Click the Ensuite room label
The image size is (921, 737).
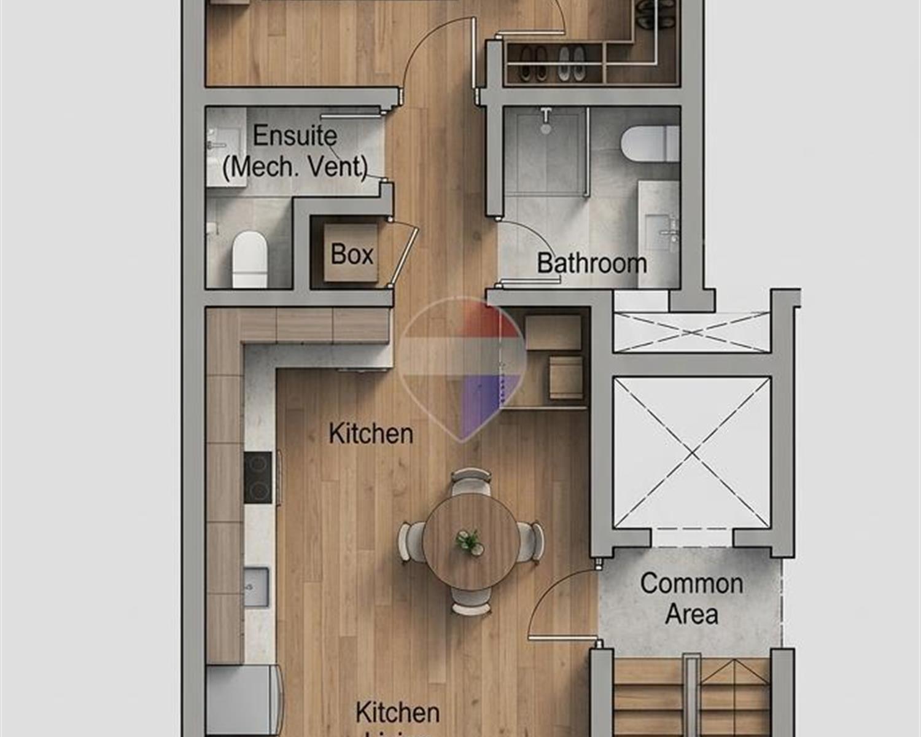[295, 136]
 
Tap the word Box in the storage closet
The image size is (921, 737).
[351, 254]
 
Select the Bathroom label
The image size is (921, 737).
[591, 263]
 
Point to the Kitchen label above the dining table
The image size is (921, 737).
[371, 434]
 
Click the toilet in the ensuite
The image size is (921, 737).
[250, 259]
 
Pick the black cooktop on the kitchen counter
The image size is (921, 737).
[258, 478]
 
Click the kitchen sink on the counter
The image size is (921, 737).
[256, 587]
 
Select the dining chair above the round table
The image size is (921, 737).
[471, 480]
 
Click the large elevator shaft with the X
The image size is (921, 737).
[691, 453]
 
